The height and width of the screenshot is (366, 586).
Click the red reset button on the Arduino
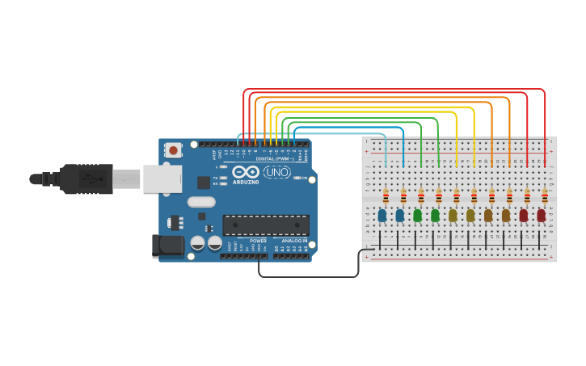click(173, 149)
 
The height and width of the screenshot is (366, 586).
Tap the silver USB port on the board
click(162, 179)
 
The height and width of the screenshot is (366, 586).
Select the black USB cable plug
click(86, 179)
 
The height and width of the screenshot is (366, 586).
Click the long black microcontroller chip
click(266, 225)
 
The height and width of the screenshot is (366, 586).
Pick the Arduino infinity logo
click(246, 171)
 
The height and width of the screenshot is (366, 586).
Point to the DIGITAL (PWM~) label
click(274, 158)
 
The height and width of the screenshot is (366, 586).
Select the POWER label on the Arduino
click(259, 241)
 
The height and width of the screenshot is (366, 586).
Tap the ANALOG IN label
click(294, 241)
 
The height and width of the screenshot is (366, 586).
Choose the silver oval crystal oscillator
click(201, 202)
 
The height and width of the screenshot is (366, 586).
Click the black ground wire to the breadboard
click(308, 276)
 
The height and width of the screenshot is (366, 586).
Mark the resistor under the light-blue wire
click(386, 196)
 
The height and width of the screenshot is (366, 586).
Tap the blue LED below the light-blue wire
click(382, 216)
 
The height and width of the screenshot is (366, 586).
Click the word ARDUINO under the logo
click(246, 182)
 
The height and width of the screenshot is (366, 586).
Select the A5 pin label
click(306, 249)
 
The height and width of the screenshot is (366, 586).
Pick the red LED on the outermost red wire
click(541, 216)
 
